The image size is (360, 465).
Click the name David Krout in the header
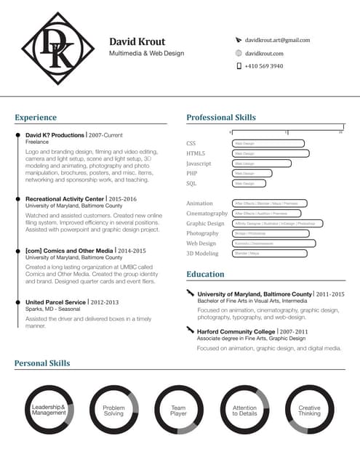click(137, 41)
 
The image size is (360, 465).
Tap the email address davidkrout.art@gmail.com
click(277, 40)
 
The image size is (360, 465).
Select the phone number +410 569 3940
click(264, 66)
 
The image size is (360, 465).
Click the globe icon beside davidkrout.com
click(239, 53)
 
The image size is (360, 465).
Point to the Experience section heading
click(36, 117)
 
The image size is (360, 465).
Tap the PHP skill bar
click(252, 174)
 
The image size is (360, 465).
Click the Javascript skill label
click(199, 163)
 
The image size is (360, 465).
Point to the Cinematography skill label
click(207, 214)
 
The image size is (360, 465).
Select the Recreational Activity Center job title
click(65, 198)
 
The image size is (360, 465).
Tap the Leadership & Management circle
click(49, 411)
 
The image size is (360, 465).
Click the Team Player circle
click(179, 411)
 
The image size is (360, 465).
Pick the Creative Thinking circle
click(309, 411)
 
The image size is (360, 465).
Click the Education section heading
click(205, 274)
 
